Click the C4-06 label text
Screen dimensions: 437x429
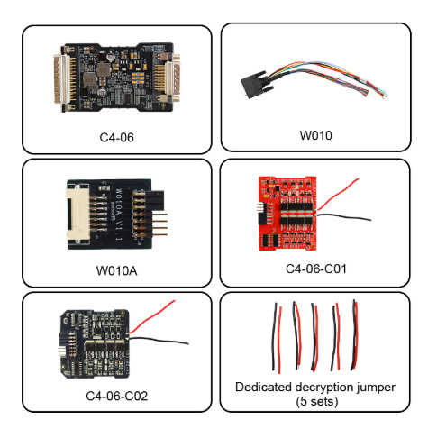[116, 137]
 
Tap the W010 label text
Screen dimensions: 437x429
[316, 135]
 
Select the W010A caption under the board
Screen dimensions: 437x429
[116, 270]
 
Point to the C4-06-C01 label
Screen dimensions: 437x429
[316, 269]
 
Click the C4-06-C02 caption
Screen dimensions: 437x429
[116, 396]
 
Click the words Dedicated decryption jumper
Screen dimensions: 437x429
[315, 387]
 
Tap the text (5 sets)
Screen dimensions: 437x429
[317, 401]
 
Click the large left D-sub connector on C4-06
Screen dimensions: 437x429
[61, 79]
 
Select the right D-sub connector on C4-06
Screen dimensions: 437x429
[172, 78]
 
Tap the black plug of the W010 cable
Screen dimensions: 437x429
[254, 84]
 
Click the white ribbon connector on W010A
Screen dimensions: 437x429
[77, 214]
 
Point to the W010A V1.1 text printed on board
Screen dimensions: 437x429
[119, 215]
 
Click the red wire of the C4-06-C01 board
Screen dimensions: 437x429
[338, 195]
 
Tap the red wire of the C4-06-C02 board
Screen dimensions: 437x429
[152, 316]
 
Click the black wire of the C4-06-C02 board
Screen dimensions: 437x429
[159, 341]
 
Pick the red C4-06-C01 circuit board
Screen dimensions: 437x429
[287, 213]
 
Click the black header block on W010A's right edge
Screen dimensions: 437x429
[156, 200]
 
